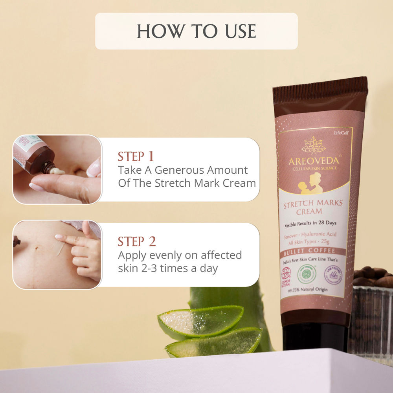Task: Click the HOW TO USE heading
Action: [196, 31]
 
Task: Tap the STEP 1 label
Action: [136, 156]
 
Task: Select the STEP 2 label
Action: [137, 241]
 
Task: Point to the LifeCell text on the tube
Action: [341, 133]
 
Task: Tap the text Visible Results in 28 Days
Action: [310, 223]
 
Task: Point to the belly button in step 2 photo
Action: [36, 248]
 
